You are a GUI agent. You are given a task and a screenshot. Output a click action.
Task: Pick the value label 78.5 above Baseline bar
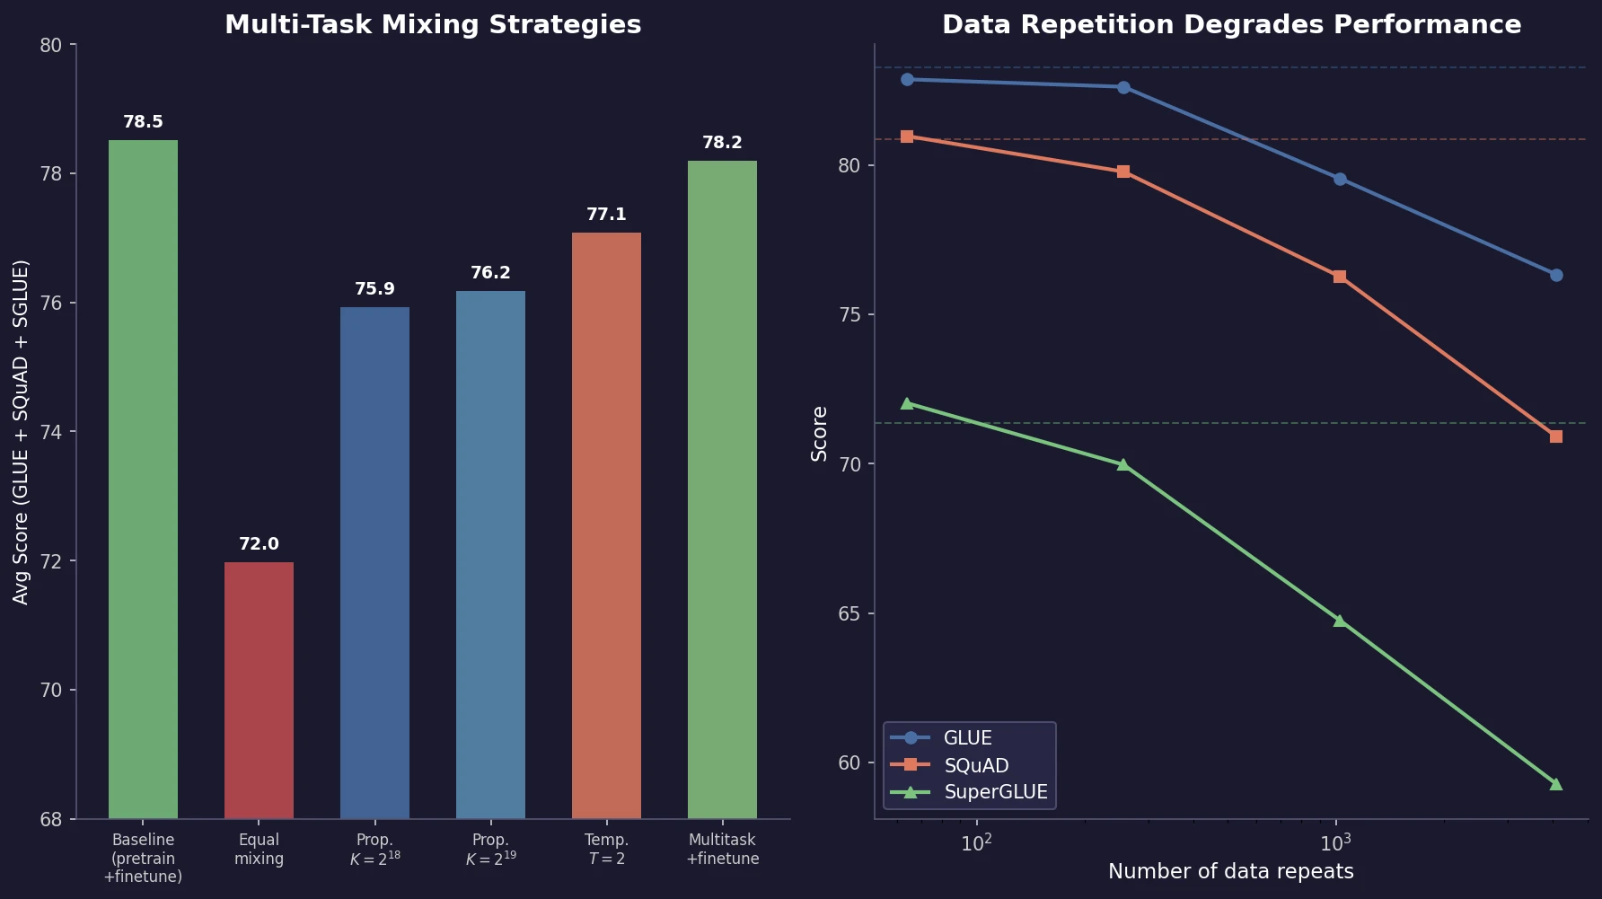[x=143, y=122]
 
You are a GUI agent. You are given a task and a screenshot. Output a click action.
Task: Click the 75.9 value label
[x=374, y=289]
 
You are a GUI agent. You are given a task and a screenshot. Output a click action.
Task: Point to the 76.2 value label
[x=490, y=273]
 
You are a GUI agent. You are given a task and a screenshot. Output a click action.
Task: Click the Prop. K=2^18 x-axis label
[x=374, y=849]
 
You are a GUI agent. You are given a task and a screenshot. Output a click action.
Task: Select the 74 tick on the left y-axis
[x=51, y=432]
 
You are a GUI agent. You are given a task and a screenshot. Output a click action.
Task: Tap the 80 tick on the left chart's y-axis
[x=51, y=45]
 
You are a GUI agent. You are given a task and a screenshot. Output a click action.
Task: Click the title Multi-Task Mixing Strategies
[x=433, y=25]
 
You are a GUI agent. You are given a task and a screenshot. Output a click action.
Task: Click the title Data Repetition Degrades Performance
[x=1231, y=25]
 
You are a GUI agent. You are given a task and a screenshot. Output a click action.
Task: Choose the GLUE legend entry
[x=967, y=738]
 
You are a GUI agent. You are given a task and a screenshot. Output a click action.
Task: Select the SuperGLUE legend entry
[x=995, y=792]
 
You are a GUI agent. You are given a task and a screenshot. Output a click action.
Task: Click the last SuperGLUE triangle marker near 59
[x=1555, y=784]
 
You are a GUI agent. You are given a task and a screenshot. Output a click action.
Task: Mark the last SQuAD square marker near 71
[x=1555, y=436]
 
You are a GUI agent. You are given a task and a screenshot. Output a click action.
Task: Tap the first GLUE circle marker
[x=907, y=80]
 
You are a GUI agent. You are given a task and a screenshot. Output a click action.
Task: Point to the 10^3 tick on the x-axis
[x=1335, y=843]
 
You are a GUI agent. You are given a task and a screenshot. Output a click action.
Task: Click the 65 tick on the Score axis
[x=850, y=614]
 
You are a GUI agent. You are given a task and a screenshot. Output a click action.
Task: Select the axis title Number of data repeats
[x=1230, y=871]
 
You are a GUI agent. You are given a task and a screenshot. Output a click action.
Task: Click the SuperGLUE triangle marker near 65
[x=1339, y=621]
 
